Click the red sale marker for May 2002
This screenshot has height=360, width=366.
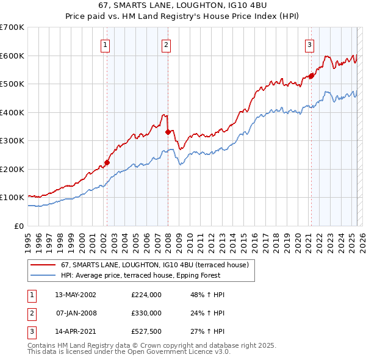pos(107,162)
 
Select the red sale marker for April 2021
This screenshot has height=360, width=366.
pos(311,76)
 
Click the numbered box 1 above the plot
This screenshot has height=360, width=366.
pos(106,44)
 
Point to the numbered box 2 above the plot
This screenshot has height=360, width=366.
pos(166,44)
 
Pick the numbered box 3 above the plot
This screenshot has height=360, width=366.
pos(309,44)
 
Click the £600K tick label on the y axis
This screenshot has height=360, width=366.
pos(12,56)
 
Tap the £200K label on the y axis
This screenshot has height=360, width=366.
pos(12,169)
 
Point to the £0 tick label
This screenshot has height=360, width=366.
pos(18,226)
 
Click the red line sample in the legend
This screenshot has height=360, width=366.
pos(43,265)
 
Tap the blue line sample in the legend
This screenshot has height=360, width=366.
pos(43,275)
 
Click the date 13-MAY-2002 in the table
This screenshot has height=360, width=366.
pos(76,295)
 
